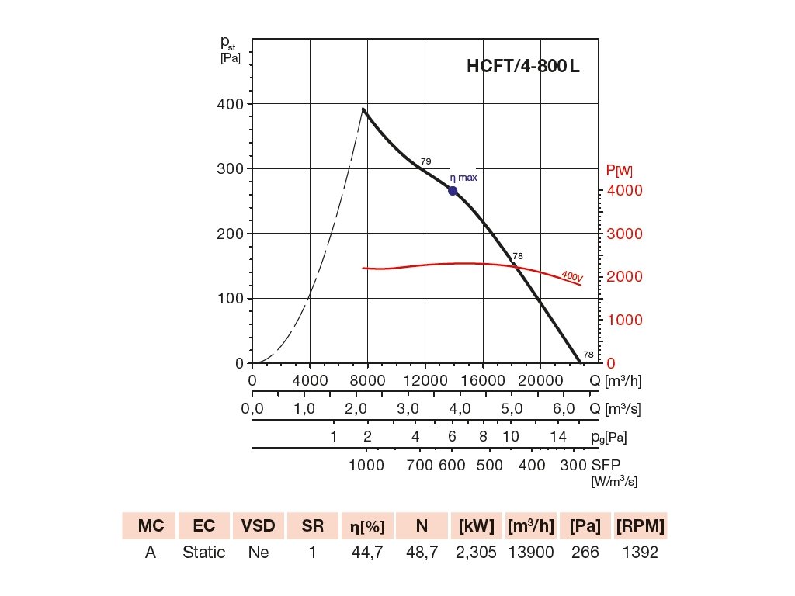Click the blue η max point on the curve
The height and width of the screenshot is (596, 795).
pos(453,191)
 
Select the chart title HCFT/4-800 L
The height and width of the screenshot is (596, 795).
pos(522,67)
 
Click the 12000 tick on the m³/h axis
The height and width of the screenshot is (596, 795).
pos(425,381)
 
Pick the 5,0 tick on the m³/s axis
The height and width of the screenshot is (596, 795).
pos(511,409)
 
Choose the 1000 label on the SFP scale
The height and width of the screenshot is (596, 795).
pos(367,466)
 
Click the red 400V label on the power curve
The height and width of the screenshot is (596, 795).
pos(571,275)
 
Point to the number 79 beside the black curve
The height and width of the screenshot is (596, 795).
pos(425,161)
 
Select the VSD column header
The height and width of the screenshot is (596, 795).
pos(258,526)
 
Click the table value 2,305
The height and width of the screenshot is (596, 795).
pos(477,553)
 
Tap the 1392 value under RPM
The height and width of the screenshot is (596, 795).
pos(640,553)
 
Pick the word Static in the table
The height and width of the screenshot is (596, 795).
pos(204,553)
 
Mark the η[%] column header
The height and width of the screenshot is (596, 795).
pos(367,526)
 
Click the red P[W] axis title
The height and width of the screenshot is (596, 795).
pos(619,171)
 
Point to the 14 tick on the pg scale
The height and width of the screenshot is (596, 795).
pos(558,437)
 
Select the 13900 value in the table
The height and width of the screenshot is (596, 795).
pos(531,553)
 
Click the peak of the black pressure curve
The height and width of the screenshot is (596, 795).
pos(363,109)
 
